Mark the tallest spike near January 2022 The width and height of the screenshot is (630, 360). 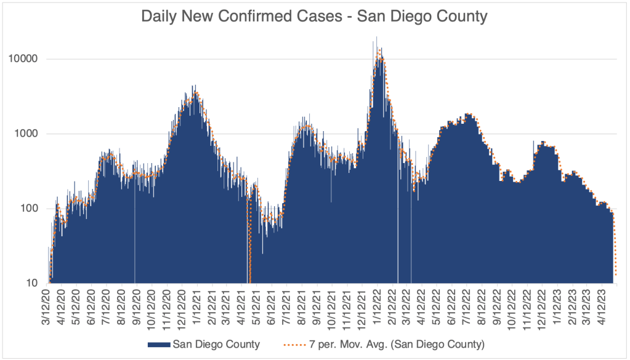pyautogui.click(x=376, y=38)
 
